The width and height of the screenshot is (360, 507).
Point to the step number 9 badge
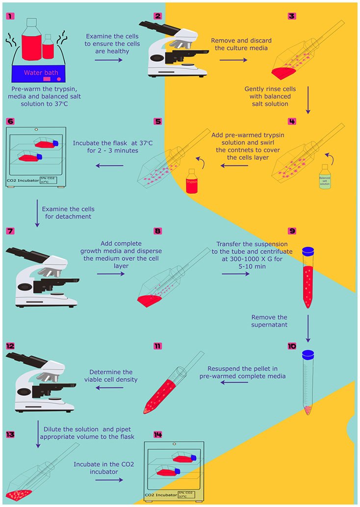click(292, 230)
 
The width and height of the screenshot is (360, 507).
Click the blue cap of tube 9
click(308, 251)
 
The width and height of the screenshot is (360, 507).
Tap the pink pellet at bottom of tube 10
click(308, 409)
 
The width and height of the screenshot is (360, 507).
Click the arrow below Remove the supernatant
click(308, 328)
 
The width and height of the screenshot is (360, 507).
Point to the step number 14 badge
click(157, 434)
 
